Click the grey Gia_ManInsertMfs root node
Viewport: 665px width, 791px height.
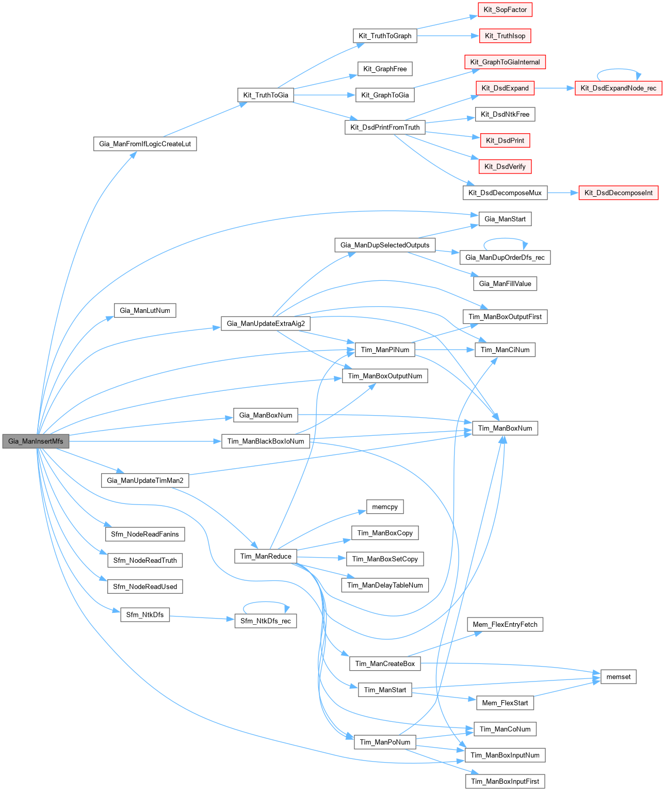(x=36, y=441)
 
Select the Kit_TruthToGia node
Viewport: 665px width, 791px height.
(x=266, y=95)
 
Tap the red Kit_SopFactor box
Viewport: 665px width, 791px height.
(x=505, y=10)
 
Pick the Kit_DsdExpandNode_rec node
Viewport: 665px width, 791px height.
(x=618, y=88)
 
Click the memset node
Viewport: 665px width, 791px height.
(x=618, y=677)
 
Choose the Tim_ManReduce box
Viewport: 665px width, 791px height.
(x=266, y=556)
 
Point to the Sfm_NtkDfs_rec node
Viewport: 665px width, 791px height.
(x=266, y=621)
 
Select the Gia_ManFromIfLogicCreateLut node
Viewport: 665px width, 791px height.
(x=145, y=144)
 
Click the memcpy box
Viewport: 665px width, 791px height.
(x=385, y=507)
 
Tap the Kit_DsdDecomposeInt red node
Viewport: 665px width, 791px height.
(x=618, y=193)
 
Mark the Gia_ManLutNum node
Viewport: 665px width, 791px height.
(x=145, y=310)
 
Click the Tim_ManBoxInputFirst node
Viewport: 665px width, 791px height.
(x=505, y=781)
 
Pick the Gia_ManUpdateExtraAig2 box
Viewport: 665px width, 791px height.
(x=266, y=324)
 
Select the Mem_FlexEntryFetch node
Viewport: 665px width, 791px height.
(x=505, y=625)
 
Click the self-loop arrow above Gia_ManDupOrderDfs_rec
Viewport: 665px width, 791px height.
(x=505, y=239)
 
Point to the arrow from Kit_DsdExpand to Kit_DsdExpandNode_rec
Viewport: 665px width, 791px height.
(x=555, y=88)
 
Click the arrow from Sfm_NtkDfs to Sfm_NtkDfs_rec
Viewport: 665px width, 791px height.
(x=202, y=618)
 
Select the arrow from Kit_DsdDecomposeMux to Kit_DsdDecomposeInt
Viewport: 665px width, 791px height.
(x=563, y=193)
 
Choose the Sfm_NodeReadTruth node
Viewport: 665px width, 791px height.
(x=145, y=560)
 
